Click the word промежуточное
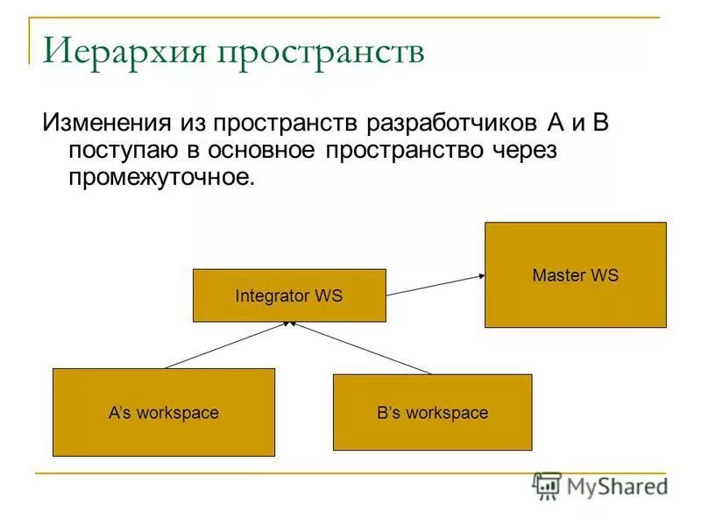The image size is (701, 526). click(161, 177)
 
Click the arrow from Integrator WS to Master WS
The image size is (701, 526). click(435, 285)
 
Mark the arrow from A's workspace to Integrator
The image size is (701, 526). click(228, 345)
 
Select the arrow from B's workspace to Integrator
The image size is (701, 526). click(361, 348)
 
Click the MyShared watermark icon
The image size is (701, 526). click(547, 486)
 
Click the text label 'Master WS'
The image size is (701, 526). click(575, 275)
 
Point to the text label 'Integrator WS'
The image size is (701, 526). click(289, 296)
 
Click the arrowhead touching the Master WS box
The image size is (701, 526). click(480, 276)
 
